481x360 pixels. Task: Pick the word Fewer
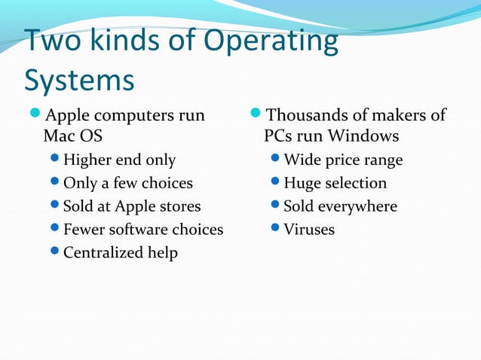84,229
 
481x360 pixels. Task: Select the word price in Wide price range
346,160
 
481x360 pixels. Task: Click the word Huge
302,183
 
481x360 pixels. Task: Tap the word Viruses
309,229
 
